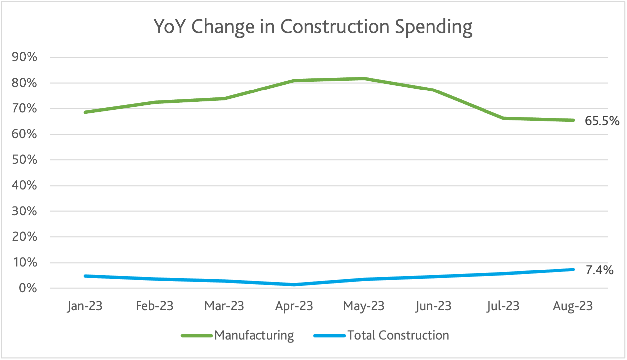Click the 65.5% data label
[602, 121]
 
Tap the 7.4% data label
[599, 270]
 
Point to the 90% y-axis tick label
[24, 57]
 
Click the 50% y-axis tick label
[24, 160]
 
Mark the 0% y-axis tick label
[28, 288]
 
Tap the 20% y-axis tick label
[24, 237]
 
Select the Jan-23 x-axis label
[85, 306]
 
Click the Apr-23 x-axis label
[294, 306]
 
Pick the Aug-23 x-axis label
[573, 306]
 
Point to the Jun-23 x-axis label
[433, 306]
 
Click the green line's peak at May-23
[364, 79]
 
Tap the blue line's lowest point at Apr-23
[294, 285]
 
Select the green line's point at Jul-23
[503, 118]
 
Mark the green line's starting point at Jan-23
[85, 112]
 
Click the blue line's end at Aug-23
[573, 270]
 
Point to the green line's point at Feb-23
[155, 102]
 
